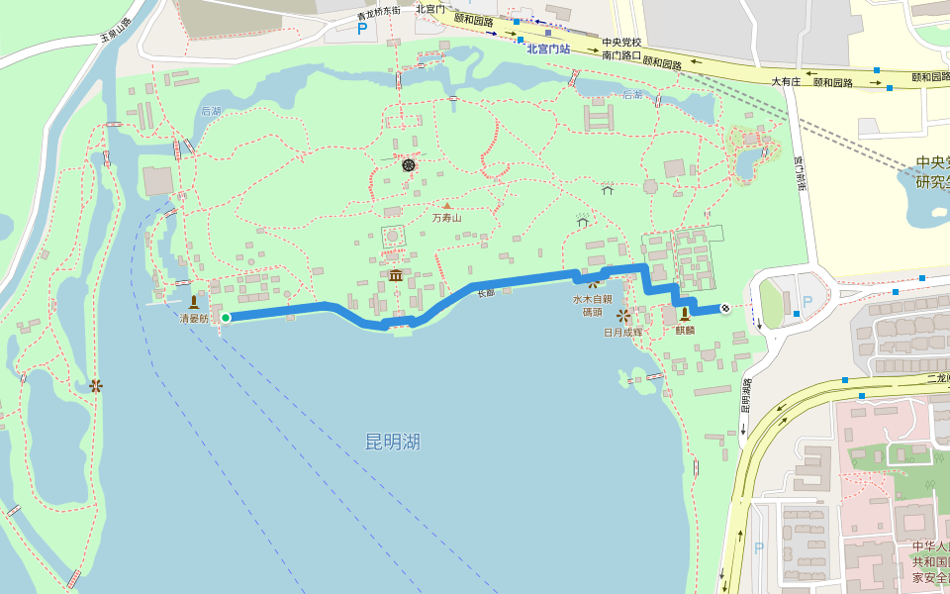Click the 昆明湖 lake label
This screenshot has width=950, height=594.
coord(393,442)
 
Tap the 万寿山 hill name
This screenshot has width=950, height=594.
coord(446,218)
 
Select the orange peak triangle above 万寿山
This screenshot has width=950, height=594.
coord(446,206)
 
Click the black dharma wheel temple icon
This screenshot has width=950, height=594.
coord(409,166)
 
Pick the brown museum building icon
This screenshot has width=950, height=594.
coord(396,274)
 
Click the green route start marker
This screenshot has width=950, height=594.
coord(226,318)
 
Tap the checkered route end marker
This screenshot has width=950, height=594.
coord(725,309)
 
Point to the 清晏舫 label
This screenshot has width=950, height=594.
coord(194,319)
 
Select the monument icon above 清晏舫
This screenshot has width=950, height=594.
coord(194,301)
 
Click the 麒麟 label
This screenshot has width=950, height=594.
coord(685,331)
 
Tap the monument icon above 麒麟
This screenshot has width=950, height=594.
coord(684,314)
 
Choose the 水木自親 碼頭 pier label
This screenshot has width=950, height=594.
coord(593,305)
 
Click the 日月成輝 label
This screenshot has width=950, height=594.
coord(623,333)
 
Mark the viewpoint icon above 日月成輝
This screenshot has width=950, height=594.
coord(622,316)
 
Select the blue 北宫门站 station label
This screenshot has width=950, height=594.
coord(548,49)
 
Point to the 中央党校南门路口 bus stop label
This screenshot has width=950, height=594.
coord(621,49)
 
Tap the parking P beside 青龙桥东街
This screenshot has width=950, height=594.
coord(362,29)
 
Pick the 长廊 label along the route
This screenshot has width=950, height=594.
coord(485,294)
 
